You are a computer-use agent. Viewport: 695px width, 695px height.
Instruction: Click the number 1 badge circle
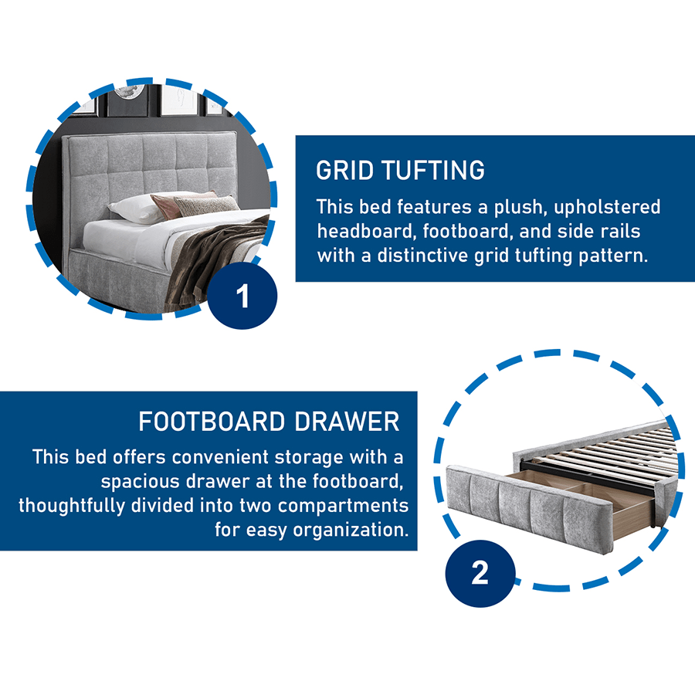242,295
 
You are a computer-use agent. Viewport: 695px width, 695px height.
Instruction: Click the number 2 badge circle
480,573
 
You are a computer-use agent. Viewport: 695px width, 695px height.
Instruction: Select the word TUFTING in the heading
433,170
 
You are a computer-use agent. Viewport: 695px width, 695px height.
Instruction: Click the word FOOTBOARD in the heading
212,422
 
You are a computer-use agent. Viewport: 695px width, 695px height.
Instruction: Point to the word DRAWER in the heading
347,422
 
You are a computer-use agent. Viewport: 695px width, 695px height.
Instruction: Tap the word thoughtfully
72,506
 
